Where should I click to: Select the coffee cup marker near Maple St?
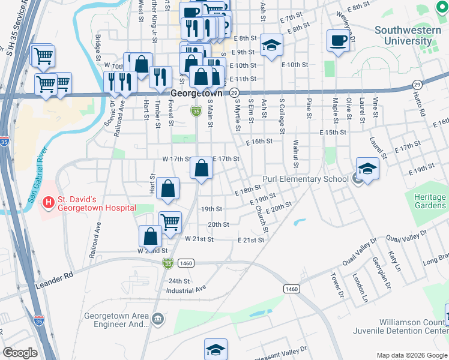(338, 41)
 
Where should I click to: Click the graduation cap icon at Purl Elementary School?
(367, 169)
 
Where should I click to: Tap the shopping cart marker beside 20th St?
(170, 222)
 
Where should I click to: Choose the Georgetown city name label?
(196, 94)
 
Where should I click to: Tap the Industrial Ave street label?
(186, 289)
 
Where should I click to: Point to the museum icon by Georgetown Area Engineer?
(157, 317)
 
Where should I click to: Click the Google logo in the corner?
(20, 353)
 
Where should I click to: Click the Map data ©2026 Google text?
(412, 355)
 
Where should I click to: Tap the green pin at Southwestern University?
(441, 8)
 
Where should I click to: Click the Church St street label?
(261, 219)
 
